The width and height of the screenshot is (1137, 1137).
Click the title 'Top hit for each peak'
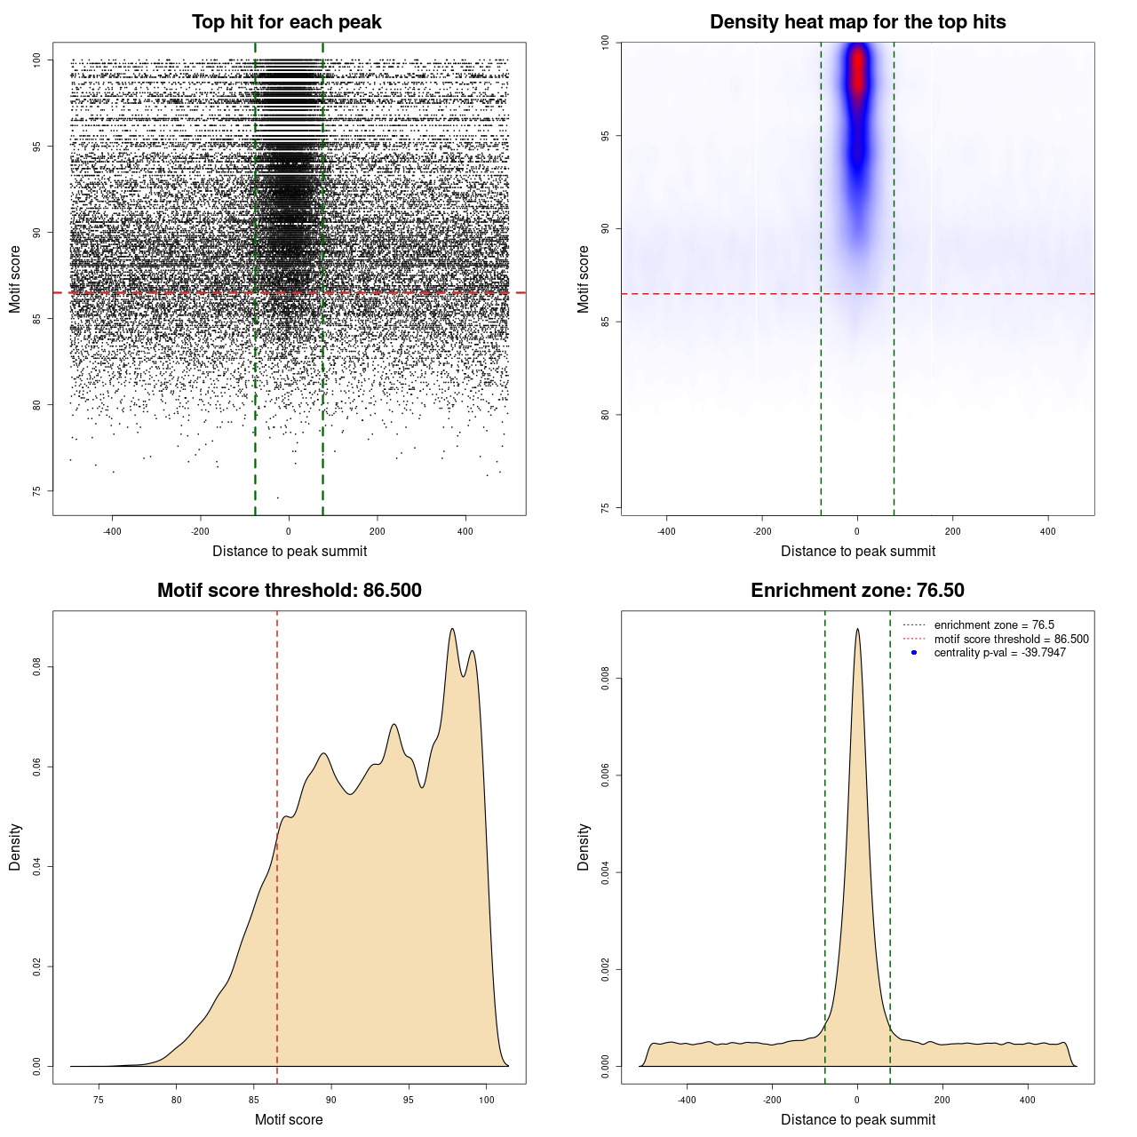tap(286, 22)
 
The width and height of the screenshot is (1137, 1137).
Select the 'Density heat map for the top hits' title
tap(857, 22)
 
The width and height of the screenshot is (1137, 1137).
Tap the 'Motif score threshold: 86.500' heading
tap(289, 591)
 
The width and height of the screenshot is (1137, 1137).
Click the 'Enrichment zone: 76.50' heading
tap(857, 591)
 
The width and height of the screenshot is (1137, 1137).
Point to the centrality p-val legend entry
tap(999, 653)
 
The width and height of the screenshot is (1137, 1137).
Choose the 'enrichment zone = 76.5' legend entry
tap(994, 625)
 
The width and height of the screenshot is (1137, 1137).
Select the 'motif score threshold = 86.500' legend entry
tap(1011, 640)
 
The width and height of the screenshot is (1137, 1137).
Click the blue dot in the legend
tap(914, 653)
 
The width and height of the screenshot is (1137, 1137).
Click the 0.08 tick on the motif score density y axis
tap(36, 666)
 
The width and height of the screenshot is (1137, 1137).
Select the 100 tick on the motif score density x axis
tap(486, 1100)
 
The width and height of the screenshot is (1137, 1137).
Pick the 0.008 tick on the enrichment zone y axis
tap(605, 679)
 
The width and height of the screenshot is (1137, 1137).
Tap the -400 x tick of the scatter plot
tap(112, 531)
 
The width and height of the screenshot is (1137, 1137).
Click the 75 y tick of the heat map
tap(605, 507)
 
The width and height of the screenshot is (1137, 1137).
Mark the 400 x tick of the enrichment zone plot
tap(1028, 1100)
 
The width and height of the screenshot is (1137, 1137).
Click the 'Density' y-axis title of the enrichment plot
tap(583, 847)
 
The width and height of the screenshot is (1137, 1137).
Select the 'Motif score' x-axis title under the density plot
tap(289, 1119)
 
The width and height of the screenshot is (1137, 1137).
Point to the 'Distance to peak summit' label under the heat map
tap(857, 551)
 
